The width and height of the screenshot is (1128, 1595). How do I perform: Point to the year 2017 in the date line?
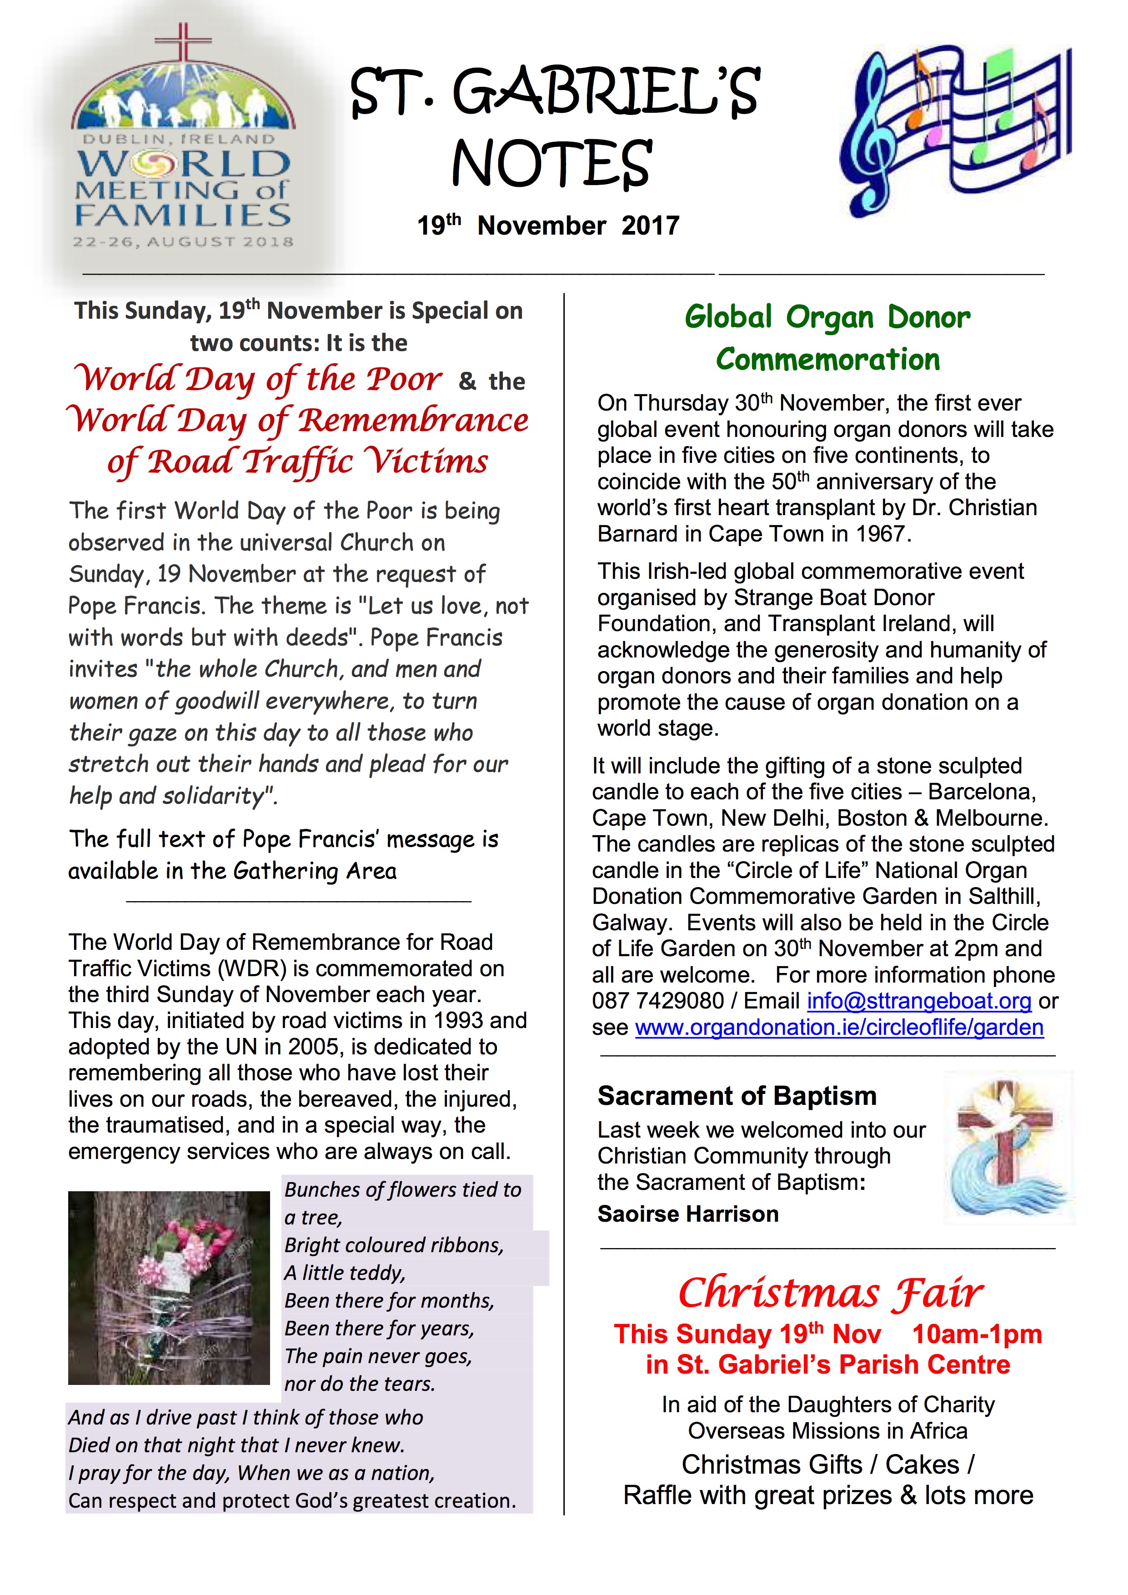650,226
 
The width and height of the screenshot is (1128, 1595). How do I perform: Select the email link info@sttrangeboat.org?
918,1001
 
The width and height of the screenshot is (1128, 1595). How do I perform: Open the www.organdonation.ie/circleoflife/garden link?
839,1028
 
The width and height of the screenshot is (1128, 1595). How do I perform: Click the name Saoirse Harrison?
687,1214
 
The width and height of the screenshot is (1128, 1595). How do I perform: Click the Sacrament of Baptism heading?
736,1096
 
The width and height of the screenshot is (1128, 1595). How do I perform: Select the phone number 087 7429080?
657,1001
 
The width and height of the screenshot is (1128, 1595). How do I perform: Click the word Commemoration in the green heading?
827,359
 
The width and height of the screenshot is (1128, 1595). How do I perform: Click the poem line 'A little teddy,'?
345,1273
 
